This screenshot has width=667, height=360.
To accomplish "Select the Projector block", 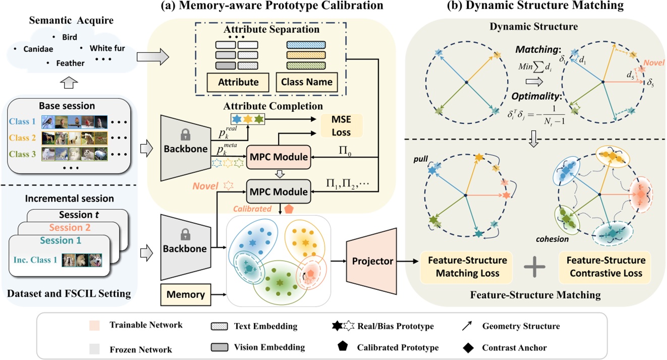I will pos(373,261).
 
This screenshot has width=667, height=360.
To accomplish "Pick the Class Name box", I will pos(306,82).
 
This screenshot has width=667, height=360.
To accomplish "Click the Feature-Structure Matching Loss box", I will pos(467,266).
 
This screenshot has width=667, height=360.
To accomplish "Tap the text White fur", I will pos(107,48).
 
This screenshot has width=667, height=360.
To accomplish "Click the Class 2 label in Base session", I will pos(23,138).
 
